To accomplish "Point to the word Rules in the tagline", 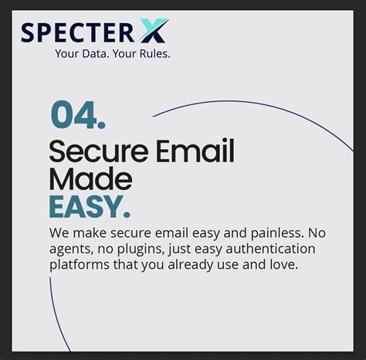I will (153, 54).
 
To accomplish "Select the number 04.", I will (78, 116).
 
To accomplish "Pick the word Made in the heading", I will (90, 179).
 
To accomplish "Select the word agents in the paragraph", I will (69, 249).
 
